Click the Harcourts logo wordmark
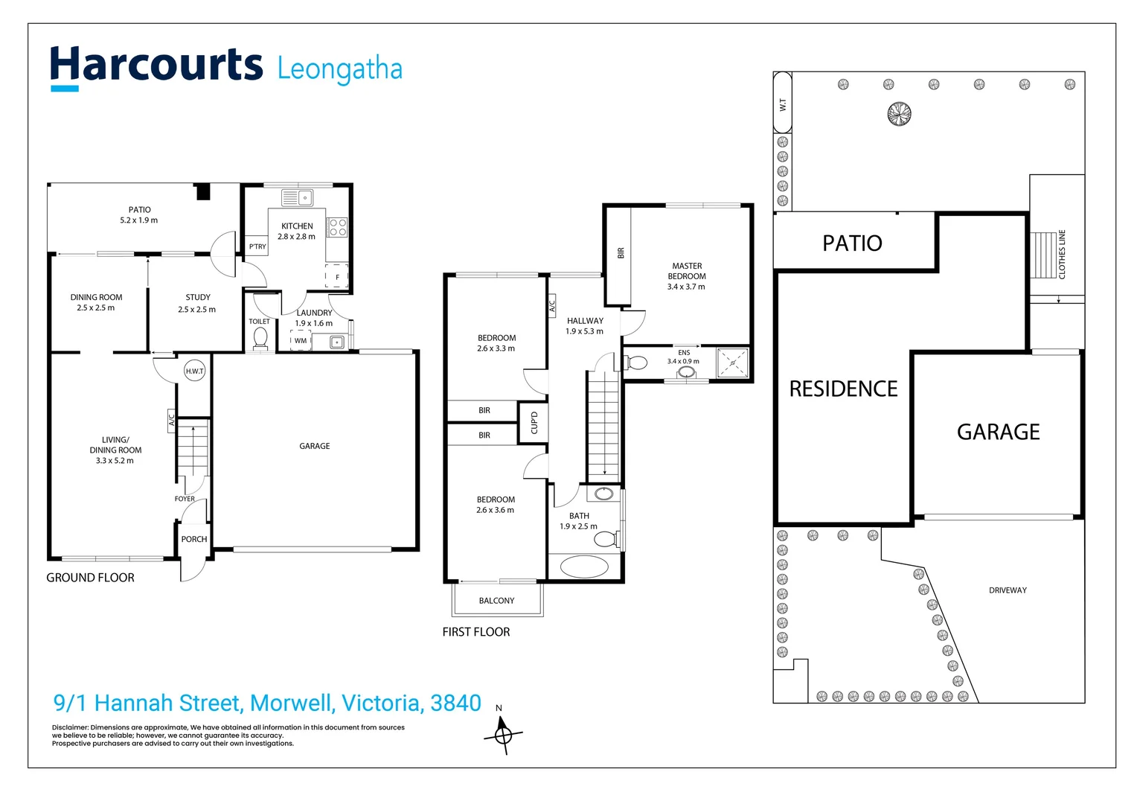pos(156,66)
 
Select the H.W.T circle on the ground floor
pos(194,371)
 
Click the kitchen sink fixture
pos(298,198)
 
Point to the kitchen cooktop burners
pos(337,227)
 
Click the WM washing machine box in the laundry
pos(300,340)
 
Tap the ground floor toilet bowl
pos(260,339)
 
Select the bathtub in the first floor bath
pos(584,566)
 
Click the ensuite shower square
pos(732,363)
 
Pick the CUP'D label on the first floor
pos(534,423)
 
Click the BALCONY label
pos(496,601)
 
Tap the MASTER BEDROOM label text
pos(686,271)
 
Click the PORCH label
pos(194,539)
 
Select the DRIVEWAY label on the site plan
pos(1008,590)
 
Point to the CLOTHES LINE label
pos(1062,254)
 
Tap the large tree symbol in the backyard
pos(899,114)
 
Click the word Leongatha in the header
pos(339,69)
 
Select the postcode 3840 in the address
pos(455,703)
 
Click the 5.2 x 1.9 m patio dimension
pos(139,220)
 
